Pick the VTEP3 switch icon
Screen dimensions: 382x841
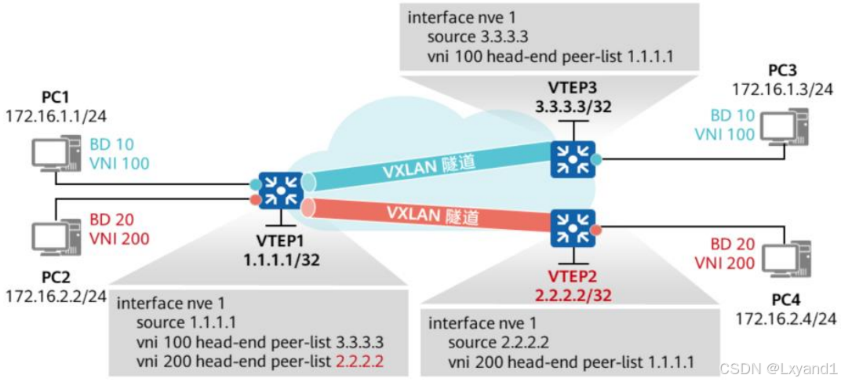pos(573,156)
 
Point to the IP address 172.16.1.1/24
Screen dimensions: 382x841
pos(56,117)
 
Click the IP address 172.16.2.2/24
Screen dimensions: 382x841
pos(56,296)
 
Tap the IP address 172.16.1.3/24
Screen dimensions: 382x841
pos(782,89)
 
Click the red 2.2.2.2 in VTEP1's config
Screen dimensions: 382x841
pos(362,361)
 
